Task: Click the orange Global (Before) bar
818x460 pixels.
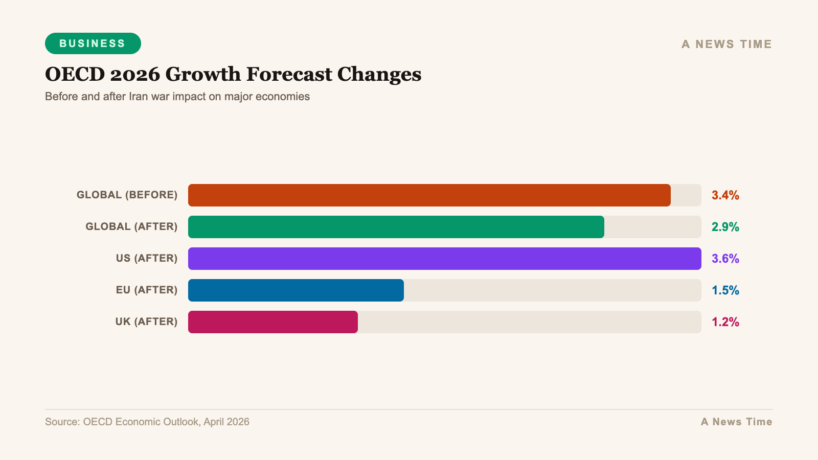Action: click(x=429, y=195)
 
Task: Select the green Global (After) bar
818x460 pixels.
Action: click(x=396, y=227)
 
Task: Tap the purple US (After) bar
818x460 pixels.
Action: click(x=445, y=259)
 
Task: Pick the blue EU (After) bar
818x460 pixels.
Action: click(x=296, y=290)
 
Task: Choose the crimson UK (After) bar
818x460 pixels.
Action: click(x=273, y=322)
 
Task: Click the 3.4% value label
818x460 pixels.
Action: click(x=725, y=195)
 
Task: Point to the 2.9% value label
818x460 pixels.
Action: click(x=725, y=227)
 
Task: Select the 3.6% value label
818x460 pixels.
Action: click(x=725, y=259)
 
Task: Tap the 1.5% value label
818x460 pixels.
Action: click(x=725, y=290)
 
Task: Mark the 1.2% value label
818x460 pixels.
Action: click(x=725, y=322)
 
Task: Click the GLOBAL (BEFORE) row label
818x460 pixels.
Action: click(x=127, y=195)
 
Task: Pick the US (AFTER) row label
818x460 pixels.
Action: click(x=146, y=258)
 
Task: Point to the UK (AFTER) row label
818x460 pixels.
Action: click(x=146, y=321)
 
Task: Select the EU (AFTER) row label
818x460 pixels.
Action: click(x=146, y=290)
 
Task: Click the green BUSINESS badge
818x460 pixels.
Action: click(x=93, y=43)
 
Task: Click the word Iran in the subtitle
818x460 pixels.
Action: click(x=138, y=97)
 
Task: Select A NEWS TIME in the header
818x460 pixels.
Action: click(x=726, y=44)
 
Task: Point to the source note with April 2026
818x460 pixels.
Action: click(x=147, y=422)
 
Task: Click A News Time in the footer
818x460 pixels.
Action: click(x=736, y=422)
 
